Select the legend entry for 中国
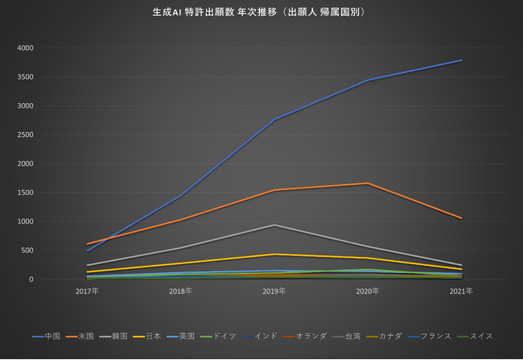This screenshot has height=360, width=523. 52,336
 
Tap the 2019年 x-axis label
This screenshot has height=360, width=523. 274,290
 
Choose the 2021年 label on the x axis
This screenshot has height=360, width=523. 462,290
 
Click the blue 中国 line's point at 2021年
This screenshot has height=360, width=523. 462,60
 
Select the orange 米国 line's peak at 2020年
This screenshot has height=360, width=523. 368,184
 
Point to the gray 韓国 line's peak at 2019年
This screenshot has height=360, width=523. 274,225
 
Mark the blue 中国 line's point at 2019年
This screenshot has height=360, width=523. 274,120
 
